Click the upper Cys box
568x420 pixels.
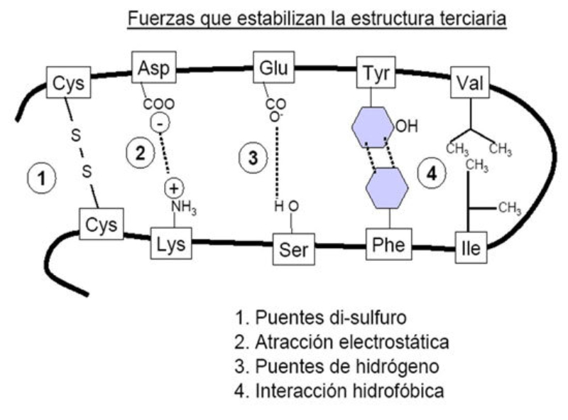[x=68, y=83]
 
